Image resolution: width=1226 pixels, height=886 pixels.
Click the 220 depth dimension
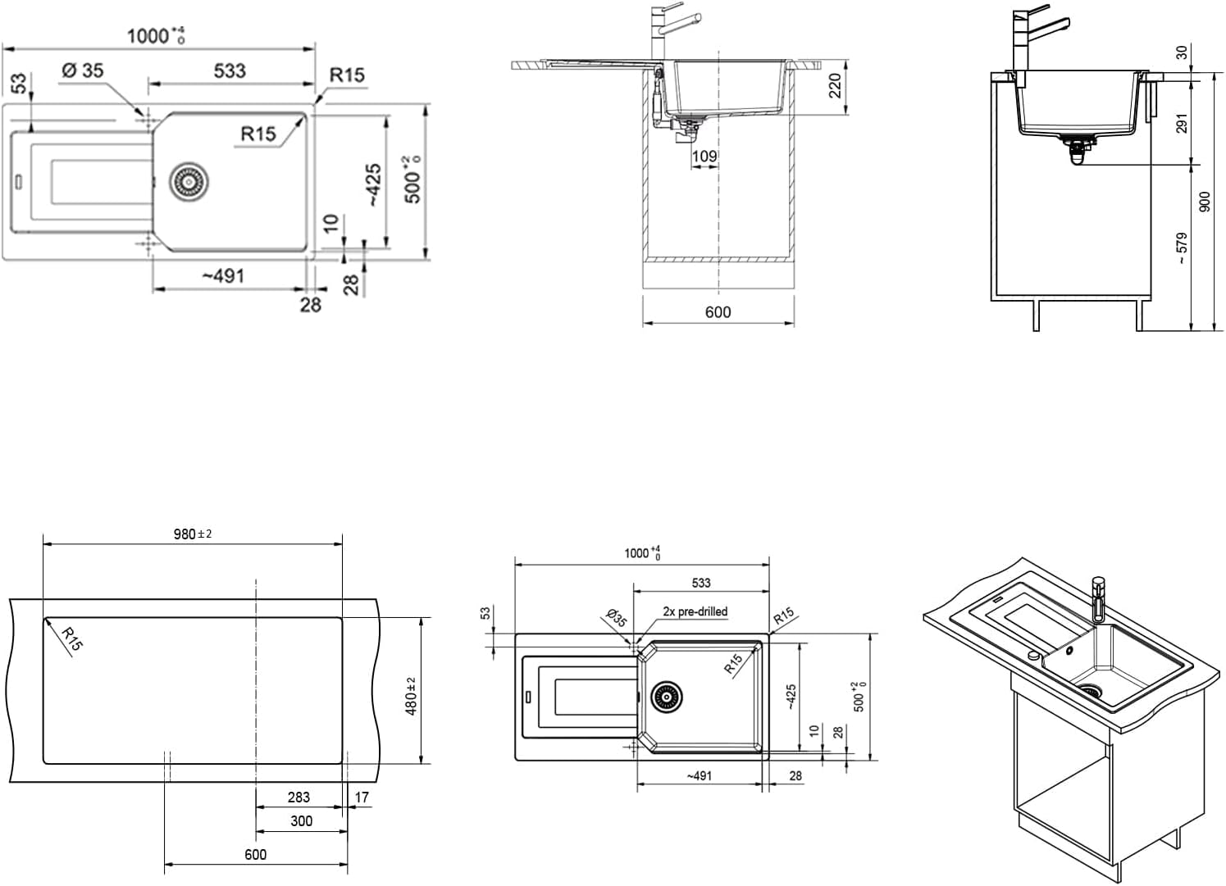pos(835,86)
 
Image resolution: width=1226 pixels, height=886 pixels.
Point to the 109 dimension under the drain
pos(704,156)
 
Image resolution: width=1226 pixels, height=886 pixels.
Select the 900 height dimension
pos(1204,202)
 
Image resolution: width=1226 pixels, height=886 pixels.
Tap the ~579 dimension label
pos(1181,248)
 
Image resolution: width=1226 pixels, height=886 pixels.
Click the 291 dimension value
pos(1181,124)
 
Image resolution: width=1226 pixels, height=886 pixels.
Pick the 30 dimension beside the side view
pos(1181,52)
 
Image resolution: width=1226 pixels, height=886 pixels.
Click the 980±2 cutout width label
pos(193,534)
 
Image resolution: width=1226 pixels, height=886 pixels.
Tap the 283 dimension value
pos(299,797)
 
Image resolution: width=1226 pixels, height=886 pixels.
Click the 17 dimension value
pos(362,797)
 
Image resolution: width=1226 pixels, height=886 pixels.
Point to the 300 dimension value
pos(301,820)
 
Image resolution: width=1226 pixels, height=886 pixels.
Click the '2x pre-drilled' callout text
pos(695,611)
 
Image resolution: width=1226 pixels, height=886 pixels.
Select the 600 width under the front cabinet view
pos(718,311)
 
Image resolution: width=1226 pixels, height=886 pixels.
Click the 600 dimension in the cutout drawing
pos(255,854)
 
